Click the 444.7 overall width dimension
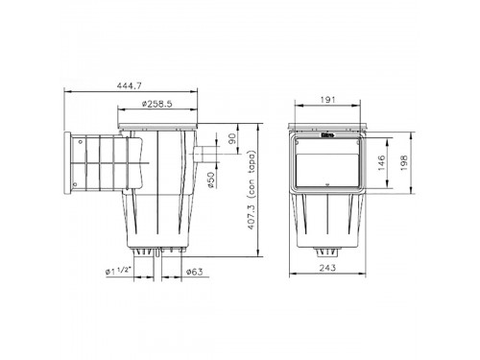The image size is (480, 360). [x=129, y=85]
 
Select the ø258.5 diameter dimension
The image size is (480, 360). [x=157, y=104]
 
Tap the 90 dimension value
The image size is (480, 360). [x=232, y=138]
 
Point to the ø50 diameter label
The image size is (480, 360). [x=211, y=180]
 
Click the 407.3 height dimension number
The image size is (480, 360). [x=251, y=217]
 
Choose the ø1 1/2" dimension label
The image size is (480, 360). [x=118, y=271]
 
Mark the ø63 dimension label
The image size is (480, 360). [x=195, y=272]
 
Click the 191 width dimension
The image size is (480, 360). [x=327, y=100]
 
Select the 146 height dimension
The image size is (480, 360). [x=381, y=162]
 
